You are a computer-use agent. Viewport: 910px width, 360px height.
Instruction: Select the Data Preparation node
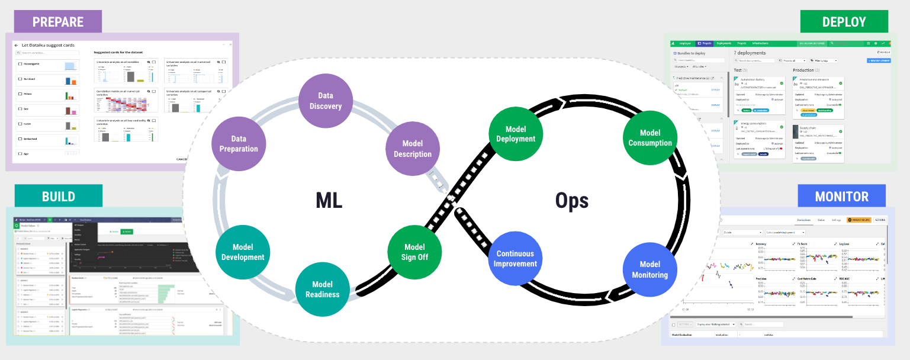[239, 144]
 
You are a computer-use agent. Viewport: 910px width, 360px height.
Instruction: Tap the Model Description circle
[412, 149]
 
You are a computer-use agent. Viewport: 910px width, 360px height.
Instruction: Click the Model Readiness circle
[322, 289]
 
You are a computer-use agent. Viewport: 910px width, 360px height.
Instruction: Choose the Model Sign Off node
[414, 252]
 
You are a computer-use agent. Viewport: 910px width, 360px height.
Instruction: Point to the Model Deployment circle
[512, 134]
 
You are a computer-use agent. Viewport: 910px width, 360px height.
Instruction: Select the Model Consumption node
[649, 138]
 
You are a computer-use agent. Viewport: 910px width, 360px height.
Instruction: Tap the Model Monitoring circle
[649, 269]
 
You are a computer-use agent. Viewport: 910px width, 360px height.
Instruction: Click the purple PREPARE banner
[58, 22]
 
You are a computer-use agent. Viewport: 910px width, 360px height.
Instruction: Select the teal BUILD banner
[58, 197]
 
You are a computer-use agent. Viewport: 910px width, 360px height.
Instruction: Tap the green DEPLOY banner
[844, 22]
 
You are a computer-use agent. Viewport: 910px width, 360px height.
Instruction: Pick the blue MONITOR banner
[841, 197]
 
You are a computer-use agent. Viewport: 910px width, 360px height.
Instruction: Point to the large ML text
[329, 201]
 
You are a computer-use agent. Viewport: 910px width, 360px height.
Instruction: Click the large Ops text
[571, 201]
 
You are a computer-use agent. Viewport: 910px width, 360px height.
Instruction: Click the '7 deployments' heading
[750, 53]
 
